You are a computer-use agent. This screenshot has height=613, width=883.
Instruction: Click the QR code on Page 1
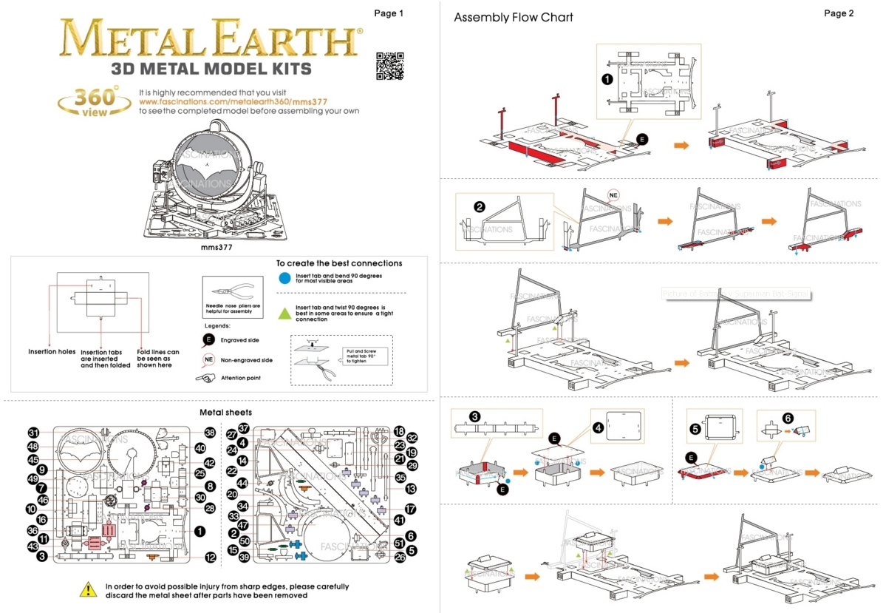[390, 66]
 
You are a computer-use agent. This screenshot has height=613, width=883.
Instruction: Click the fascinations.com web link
[233, 101]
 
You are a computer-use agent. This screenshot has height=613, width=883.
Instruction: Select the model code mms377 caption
[217, 248]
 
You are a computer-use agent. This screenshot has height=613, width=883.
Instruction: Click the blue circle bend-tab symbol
[284, 278]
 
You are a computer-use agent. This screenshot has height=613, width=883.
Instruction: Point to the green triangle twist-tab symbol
[284, 313]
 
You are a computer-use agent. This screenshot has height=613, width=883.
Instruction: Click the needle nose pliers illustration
[228, 291]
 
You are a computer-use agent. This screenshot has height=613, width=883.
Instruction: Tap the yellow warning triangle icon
[88, 590]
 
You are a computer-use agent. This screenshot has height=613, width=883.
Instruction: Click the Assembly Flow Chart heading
[514, 17]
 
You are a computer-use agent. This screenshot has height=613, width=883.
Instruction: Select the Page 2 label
[839, 13]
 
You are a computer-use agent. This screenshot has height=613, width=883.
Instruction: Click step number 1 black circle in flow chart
[607, 78]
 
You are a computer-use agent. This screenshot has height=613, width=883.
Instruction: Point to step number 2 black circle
[480, 207]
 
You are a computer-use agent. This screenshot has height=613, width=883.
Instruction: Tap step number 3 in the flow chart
[476, 416]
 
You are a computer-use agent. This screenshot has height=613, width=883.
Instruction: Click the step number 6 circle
[788, 418]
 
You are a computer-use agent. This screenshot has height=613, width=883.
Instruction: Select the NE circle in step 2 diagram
[613, 195]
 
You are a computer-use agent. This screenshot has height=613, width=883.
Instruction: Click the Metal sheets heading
[226, 412]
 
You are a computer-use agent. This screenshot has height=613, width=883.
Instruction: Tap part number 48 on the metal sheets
[33, 447]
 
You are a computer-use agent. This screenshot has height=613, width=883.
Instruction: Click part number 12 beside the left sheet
[211, 558]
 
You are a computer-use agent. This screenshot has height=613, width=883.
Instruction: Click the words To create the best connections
[339, 263]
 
